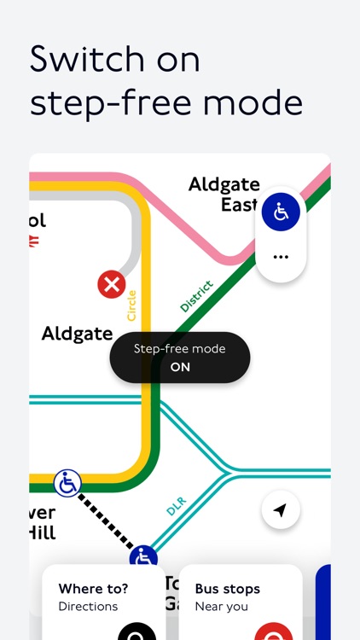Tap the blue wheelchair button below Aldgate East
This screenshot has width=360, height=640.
pyautogui.click(x=280, y=212)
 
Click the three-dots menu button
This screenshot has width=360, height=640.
pyautogui.click(x=280, y=256)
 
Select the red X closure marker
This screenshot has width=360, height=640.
pyautogui.click(x=112, y=284)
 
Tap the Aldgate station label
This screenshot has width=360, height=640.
pyautogui.click(x=77, y=334)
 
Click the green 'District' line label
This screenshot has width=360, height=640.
pyautogui.click(x=196, y=296)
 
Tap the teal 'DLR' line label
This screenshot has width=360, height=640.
pyautogui.click(x=176, y=506)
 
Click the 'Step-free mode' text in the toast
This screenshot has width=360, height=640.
pyautogui.click(x=180, y=349)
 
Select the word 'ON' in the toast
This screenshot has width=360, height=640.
pyautogui.click(x=180, y=367)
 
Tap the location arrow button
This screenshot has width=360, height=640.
pyautogui.click(x=280, y=510)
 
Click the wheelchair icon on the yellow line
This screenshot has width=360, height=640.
pyautogui.click(x=67, y=484)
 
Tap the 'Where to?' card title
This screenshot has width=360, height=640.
pyautogui.click(x=94, y=588)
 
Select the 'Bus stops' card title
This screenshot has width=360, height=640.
pyautogui.click(x=228, y=588)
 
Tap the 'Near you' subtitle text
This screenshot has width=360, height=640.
pyautogui.click(x=221, y=606)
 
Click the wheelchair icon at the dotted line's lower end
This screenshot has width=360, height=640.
pyautogui.click(x=144, y=558)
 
